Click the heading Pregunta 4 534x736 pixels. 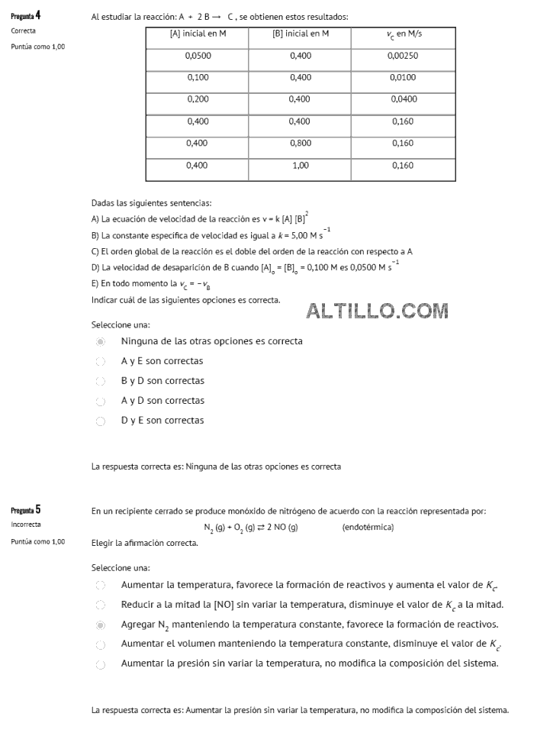[26, 15]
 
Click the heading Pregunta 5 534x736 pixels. [26, 510]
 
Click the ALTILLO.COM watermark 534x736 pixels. [377, 310]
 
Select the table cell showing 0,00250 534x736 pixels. [403, 56]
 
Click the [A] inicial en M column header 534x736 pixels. [198, 34]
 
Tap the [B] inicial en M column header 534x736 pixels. [301, 34]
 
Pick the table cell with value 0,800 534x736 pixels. [301, 143]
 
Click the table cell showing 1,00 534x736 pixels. [301, 165]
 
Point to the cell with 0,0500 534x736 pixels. [198, 56]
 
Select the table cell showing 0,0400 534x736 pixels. [403, 99]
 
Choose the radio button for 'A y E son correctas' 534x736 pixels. [100, 361]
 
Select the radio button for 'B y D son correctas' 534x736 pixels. [100, 381]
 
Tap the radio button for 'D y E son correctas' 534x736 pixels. [100, 421]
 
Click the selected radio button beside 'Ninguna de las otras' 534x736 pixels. [100, 341]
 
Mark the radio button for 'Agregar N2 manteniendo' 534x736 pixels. [100, 625]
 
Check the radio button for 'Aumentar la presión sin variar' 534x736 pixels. [100, 664]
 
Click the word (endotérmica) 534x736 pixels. [368, 528]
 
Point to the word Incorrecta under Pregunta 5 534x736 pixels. [26, 525]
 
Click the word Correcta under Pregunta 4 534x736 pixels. [23, 31]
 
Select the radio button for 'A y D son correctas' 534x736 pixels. [100, 401]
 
